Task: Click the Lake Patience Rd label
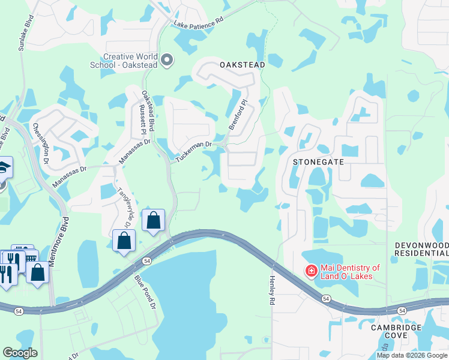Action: point(199,23)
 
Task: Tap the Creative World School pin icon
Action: point(167,60)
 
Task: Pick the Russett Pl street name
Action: point(143,122)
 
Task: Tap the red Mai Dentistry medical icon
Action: point(311,272)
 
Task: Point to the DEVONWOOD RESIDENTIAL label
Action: point(421,250)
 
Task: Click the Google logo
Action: point(20,353)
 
